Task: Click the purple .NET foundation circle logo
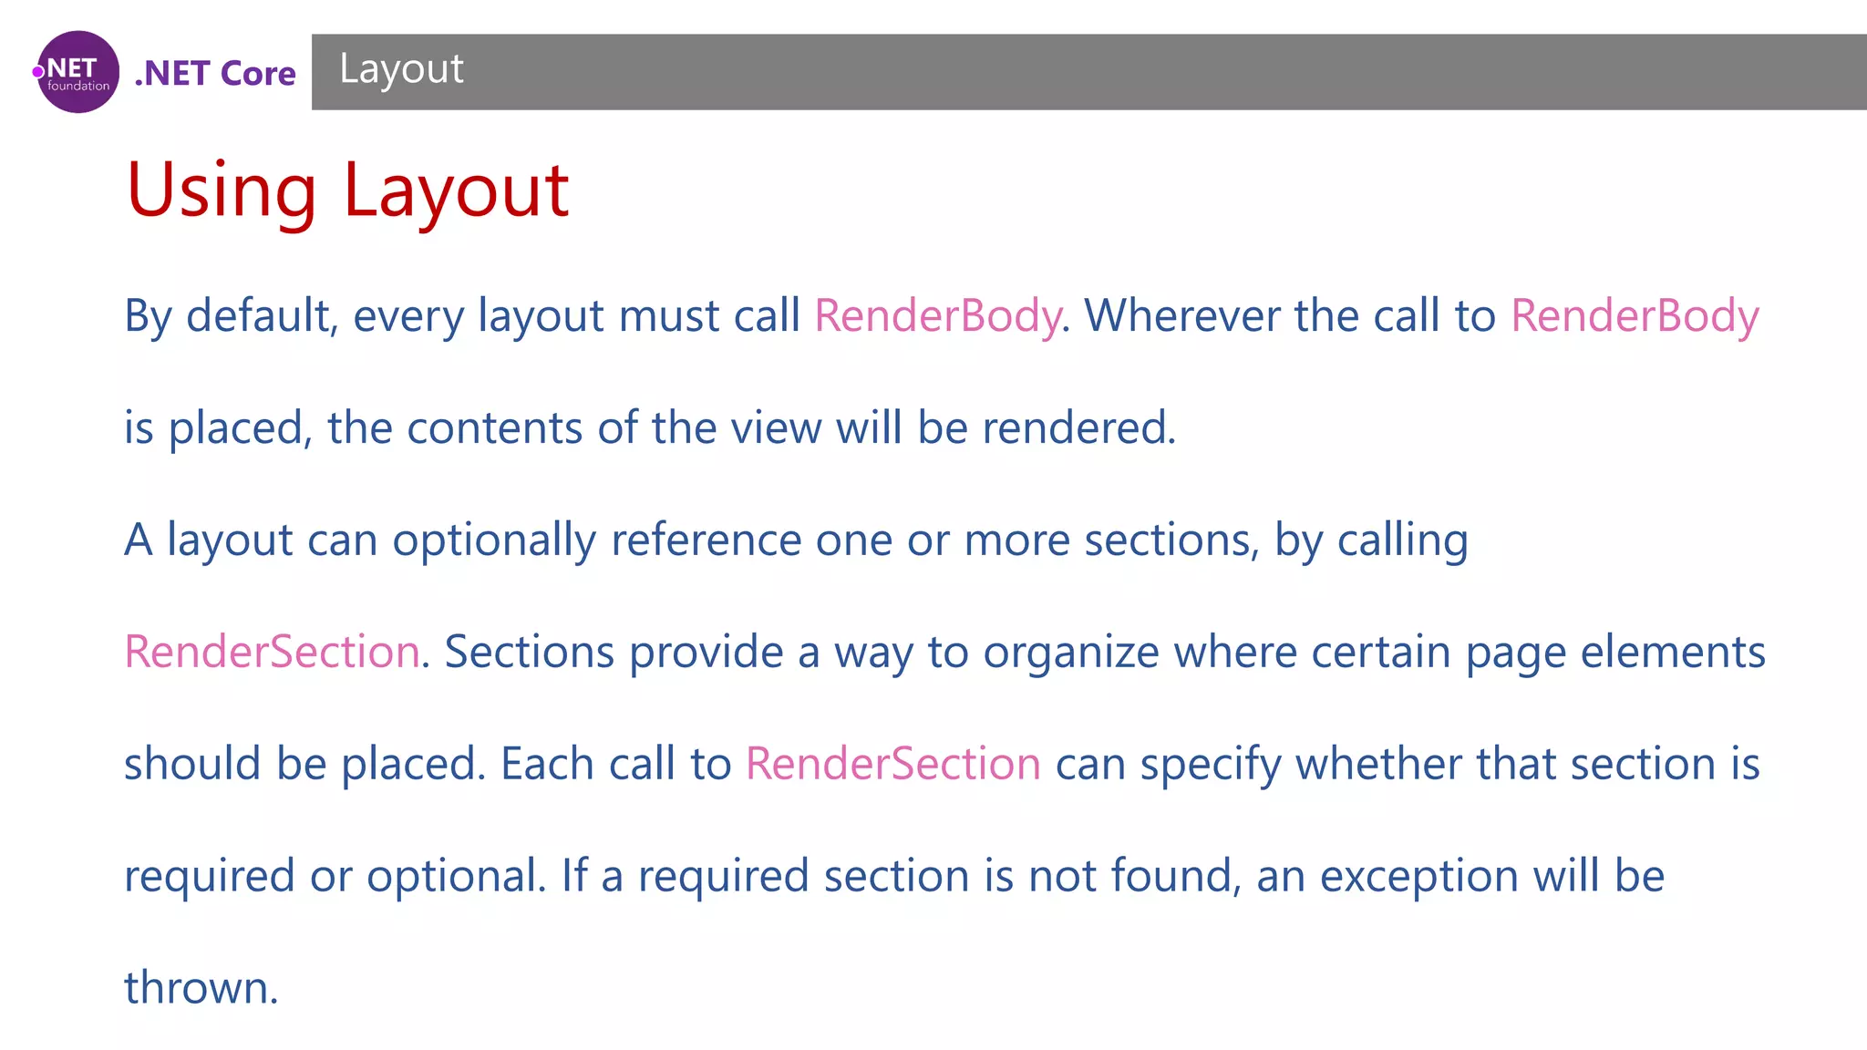78,72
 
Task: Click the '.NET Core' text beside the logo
215,73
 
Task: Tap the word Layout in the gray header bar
401,69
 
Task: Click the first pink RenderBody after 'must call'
937,316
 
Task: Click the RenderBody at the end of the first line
1634,316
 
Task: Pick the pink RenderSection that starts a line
272,653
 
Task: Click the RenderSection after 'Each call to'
892,764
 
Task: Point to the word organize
1070,653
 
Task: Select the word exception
1418,876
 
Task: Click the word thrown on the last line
201,988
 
